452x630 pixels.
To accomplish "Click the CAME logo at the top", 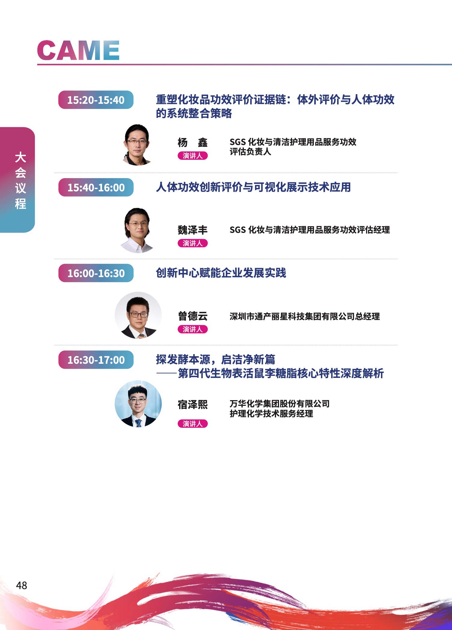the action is click(x=78, y=50).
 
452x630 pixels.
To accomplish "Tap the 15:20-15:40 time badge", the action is click(x=96, y=100).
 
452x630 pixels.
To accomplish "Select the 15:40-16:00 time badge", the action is click(x=96, y=187).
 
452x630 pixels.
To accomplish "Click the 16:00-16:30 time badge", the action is click(x=96, y=273).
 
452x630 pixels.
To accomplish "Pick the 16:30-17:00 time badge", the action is click(x=96, y=360).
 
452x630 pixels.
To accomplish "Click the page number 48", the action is click(x=22, y=585).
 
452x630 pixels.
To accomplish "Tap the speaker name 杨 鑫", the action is click(x=192, y=142).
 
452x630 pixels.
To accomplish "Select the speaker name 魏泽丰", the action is click(x=192, y=230).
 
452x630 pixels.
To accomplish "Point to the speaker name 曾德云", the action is click(x=193, y=316).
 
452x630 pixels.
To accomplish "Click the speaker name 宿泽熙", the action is click(x=192, y=404).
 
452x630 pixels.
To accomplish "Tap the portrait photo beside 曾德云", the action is click(x=138, y=315).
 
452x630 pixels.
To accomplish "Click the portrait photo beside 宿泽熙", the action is click(x=138, y=403).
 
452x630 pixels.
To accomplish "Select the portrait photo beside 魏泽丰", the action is click(x=137, y=230).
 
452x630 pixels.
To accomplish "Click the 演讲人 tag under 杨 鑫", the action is click(x=192, y=156).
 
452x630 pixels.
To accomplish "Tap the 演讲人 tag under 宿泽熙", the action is click(x=192, y=424).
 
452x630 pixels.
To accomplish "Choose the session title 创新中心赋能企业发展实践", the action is click(x=221, y=273).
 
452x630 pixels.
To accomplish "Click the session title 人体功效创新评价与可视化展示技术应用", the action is click(x=253, y=187).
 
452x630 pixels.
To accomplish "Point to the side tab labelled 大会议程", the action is click(x=17, y=180).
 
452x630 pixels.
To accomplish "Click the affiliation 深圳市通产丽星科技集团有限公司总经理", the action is click(x=305, y=317).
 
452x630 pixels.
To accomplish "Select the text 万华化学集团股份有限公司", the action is click(x=280, y=404).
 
